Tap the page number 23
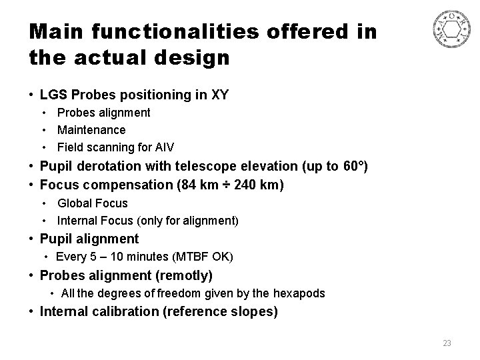[x=447, y=343]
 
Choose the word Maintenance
[x=91, y=129]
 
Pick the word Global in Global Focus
[x=74, y=203]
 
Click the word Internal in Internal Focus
[x=77, y=220]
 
